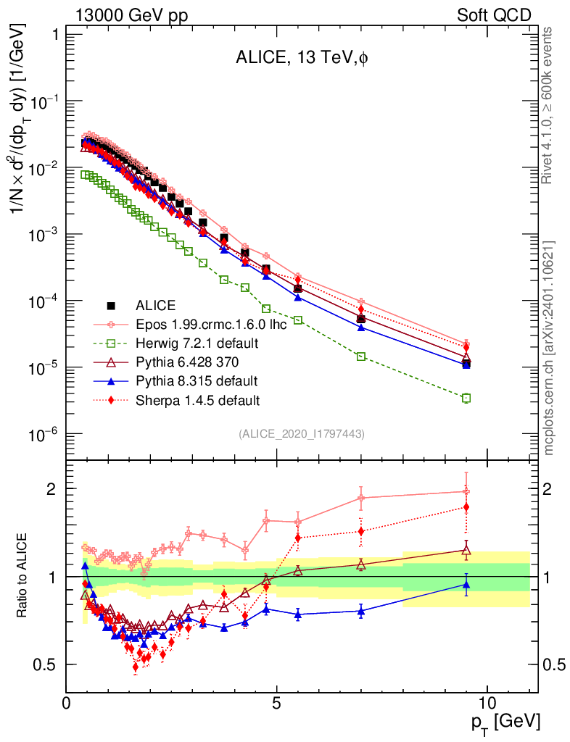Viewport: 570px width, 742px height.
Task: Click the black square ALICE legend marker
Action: (111, 305)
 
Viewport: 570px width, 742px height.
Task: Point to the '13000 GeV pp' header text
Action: (131, 15)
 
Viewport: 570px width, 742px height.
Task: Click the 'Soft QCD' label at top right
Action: (494, 15)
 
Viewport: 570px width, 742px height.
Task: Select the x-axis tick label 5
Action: (277, 703)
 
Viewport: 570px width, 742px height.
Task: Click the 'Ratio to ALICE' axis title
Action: (24, 577)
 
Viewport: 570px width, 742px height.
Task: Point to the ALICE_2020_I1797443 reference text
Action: (301, 433)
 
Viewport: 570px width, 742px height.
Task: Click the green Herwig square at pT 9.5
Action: (466, 398)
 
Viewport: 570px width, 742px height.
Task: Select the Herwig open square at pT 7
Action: (361, 356)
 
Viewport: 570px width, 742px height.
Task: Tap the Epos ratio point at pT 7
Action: (361, 498)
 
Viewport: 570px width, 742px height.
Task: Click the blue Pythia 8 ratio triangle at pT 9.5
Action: (466, 584)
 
